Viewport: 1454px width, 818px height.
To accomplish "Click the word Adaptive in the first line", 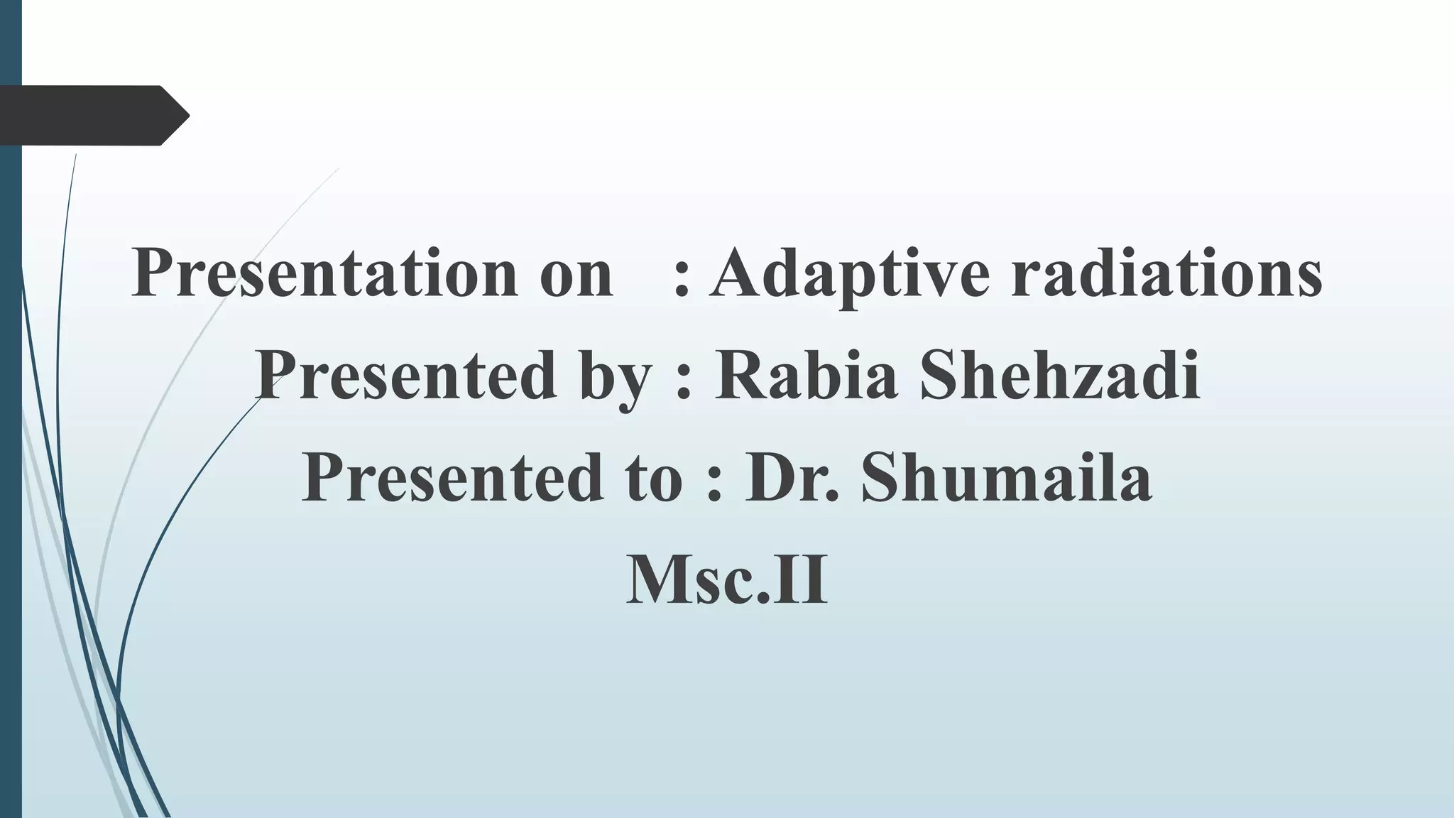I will click(x=849, y=274).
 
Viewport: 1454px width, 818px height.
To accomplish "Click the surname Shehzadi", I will click(x=1060, y=375).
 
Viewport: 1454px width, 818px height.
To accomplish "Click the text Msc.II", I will click(x=727, y=579).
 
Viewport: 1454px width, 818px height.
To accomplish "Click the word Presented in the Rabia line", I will click(x=405, y=375).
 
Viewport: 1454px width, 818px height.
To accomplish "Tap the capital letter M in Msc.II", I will click(x=657, y=579).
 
